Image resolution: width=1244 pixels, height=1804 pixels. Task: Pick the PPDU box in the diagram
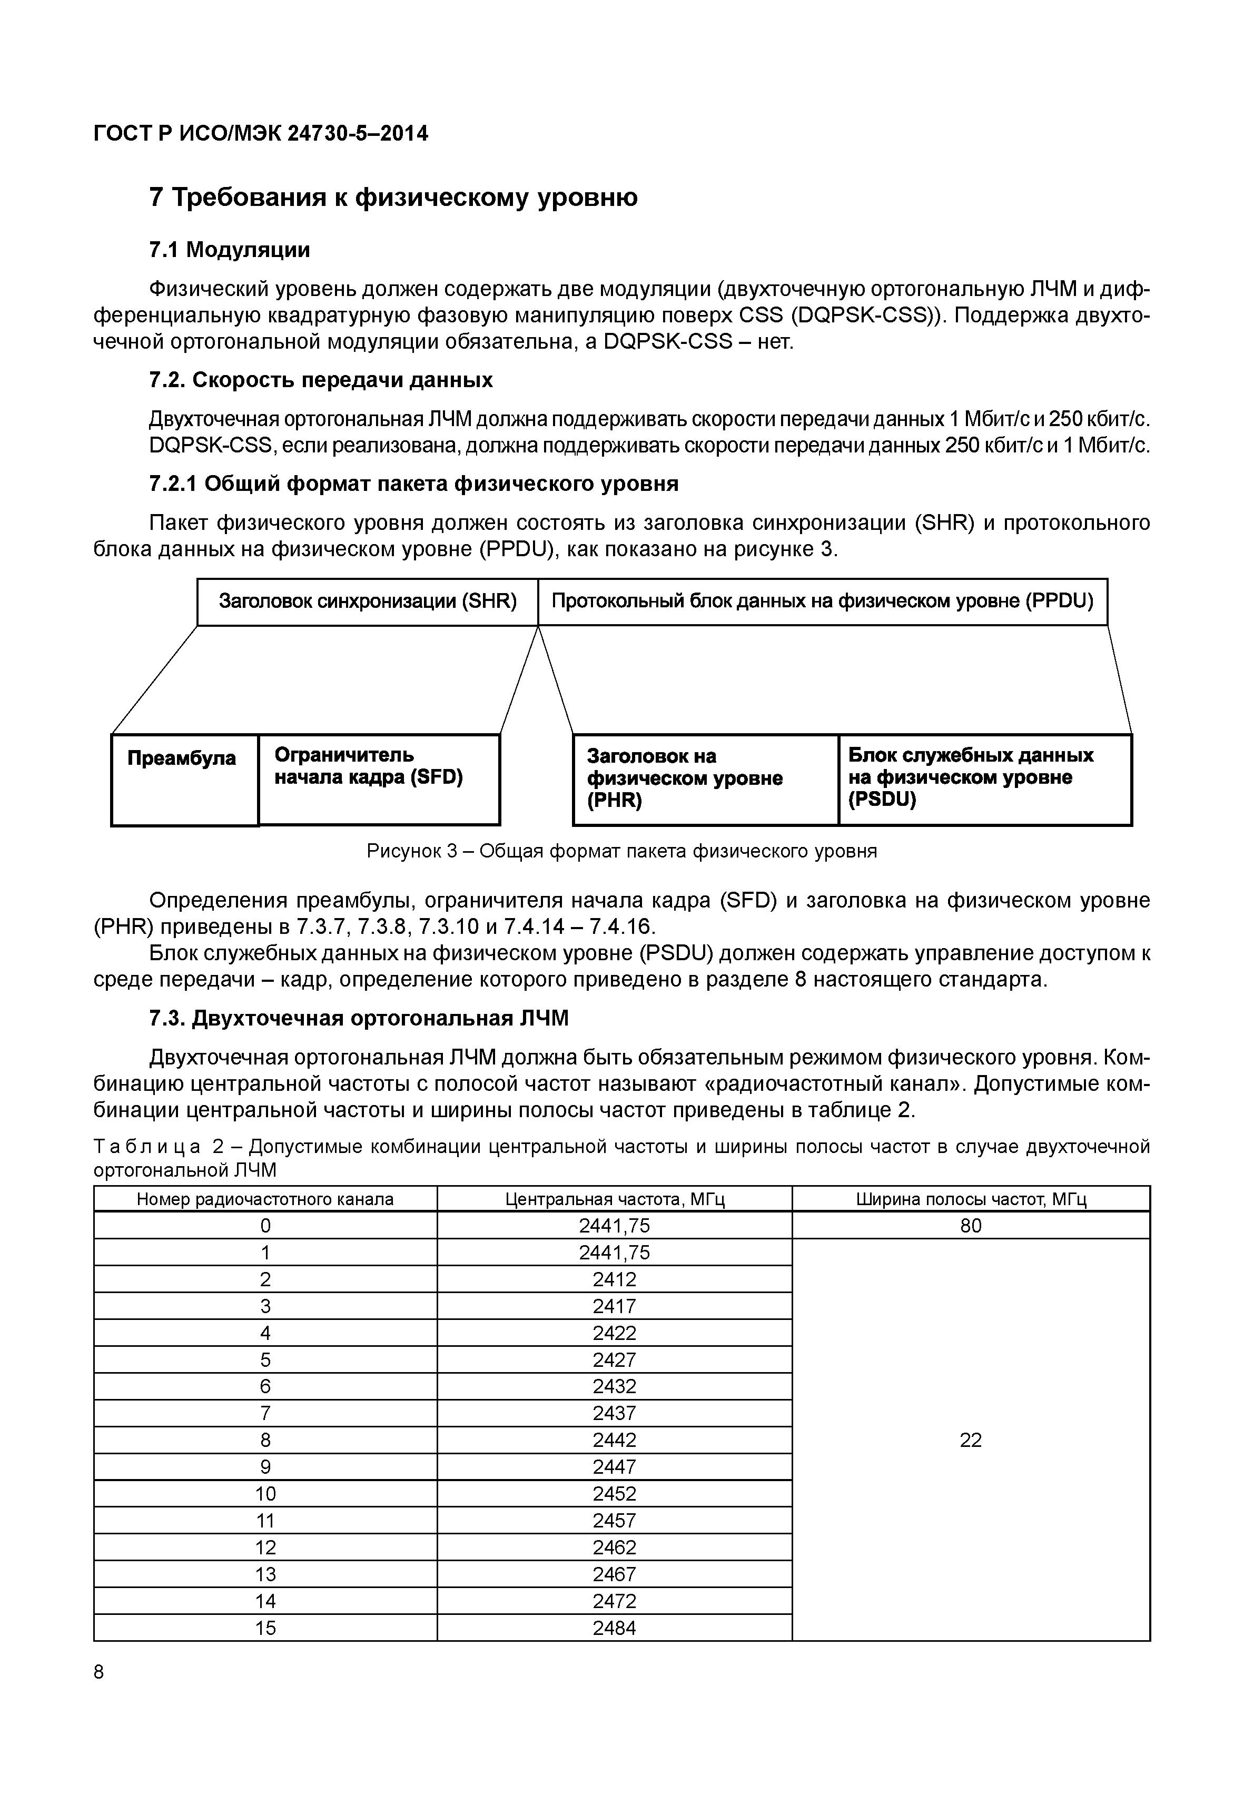822,601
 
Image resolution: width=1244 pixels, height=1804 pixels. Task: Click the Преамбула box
184,779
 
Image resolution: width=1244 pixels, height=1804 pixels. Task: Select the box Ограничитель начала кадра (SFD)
378,779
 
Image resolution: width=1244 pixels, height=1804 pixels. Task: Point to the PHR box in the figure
705,779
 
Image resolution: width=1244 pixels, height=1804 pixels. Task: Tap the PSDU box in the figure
984,779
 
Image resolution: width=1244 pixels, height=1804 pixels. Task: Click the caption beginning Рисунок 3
621,851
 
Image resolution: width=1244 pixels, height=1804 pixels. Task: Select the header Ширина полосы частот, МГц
971,1199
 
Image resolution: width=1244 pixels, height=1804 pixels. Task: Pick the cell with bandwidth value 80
971,1226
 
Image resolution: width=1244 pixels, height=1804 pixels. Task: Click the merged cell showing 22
971,1440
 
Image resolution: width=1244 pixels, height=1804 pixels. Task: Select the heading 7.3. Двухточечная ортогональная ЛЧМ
359,1018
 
